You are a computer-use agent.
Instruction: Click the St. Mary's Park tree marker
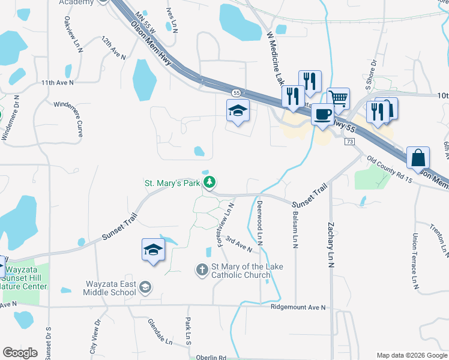point(209,182)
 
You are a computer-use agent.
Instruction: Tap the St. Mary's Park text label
point(171,183)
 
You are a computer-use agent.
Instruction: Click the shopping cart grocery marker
point(339,98)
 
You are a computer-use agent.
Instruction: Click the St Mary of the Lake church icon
point(202,270)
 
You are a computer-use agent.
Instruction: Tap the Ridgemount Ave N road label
point(298,308)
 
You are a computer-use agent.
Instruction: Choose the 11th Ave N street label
point(57,82)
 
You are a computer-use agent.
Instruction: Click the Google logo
point(20,353)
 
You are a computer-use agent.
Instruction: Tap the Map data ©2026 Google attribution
point(411,355)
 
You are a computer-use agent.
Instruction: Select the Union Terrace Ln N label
point(414,260)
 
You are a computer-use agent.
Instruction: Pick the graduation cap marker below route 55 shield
point(238,112)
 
